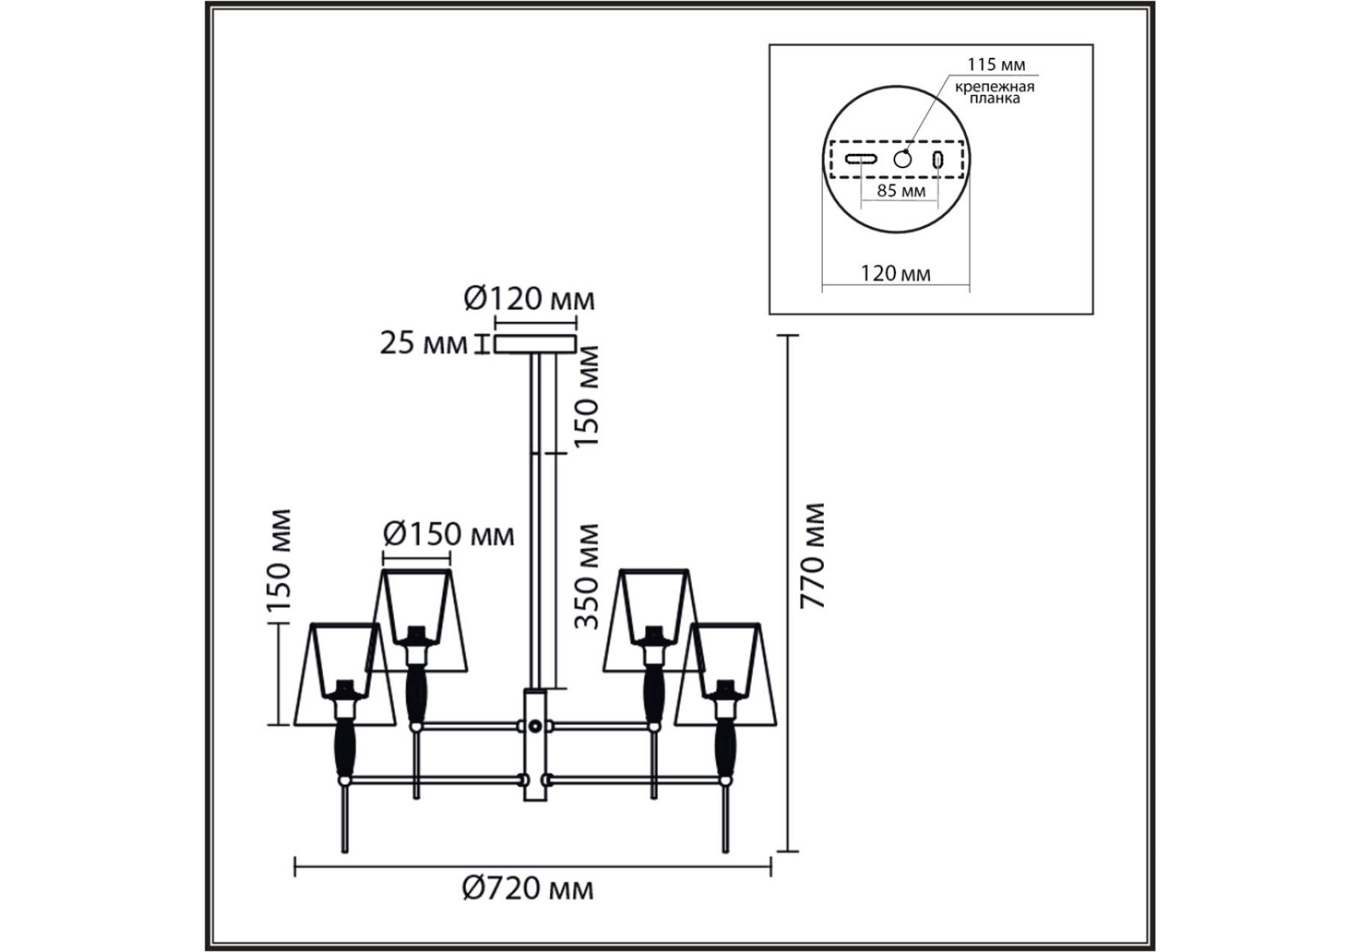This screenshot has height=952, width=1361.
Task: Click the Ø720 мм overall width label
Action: (528, 889)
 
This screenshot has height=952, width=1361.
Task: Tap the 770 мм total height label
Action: (813, 555)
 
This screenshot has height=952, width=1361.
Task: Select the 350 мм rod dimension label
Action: (586, 576)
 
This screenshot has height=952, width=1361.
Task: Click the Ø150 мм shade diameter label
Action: (448, 534)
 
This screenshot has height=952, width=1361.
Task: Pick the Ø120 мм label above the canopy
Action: (529, 299)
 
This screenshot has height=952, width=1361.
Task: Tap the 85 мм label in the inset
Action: (901, 190)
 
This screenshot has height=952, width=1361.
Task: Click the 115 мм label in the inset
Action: (996, 64)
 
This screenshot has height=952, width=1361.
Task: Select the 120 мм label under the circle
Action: (896, 274)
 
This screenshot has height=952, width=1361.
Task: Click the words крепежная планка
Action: (994, 92)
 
